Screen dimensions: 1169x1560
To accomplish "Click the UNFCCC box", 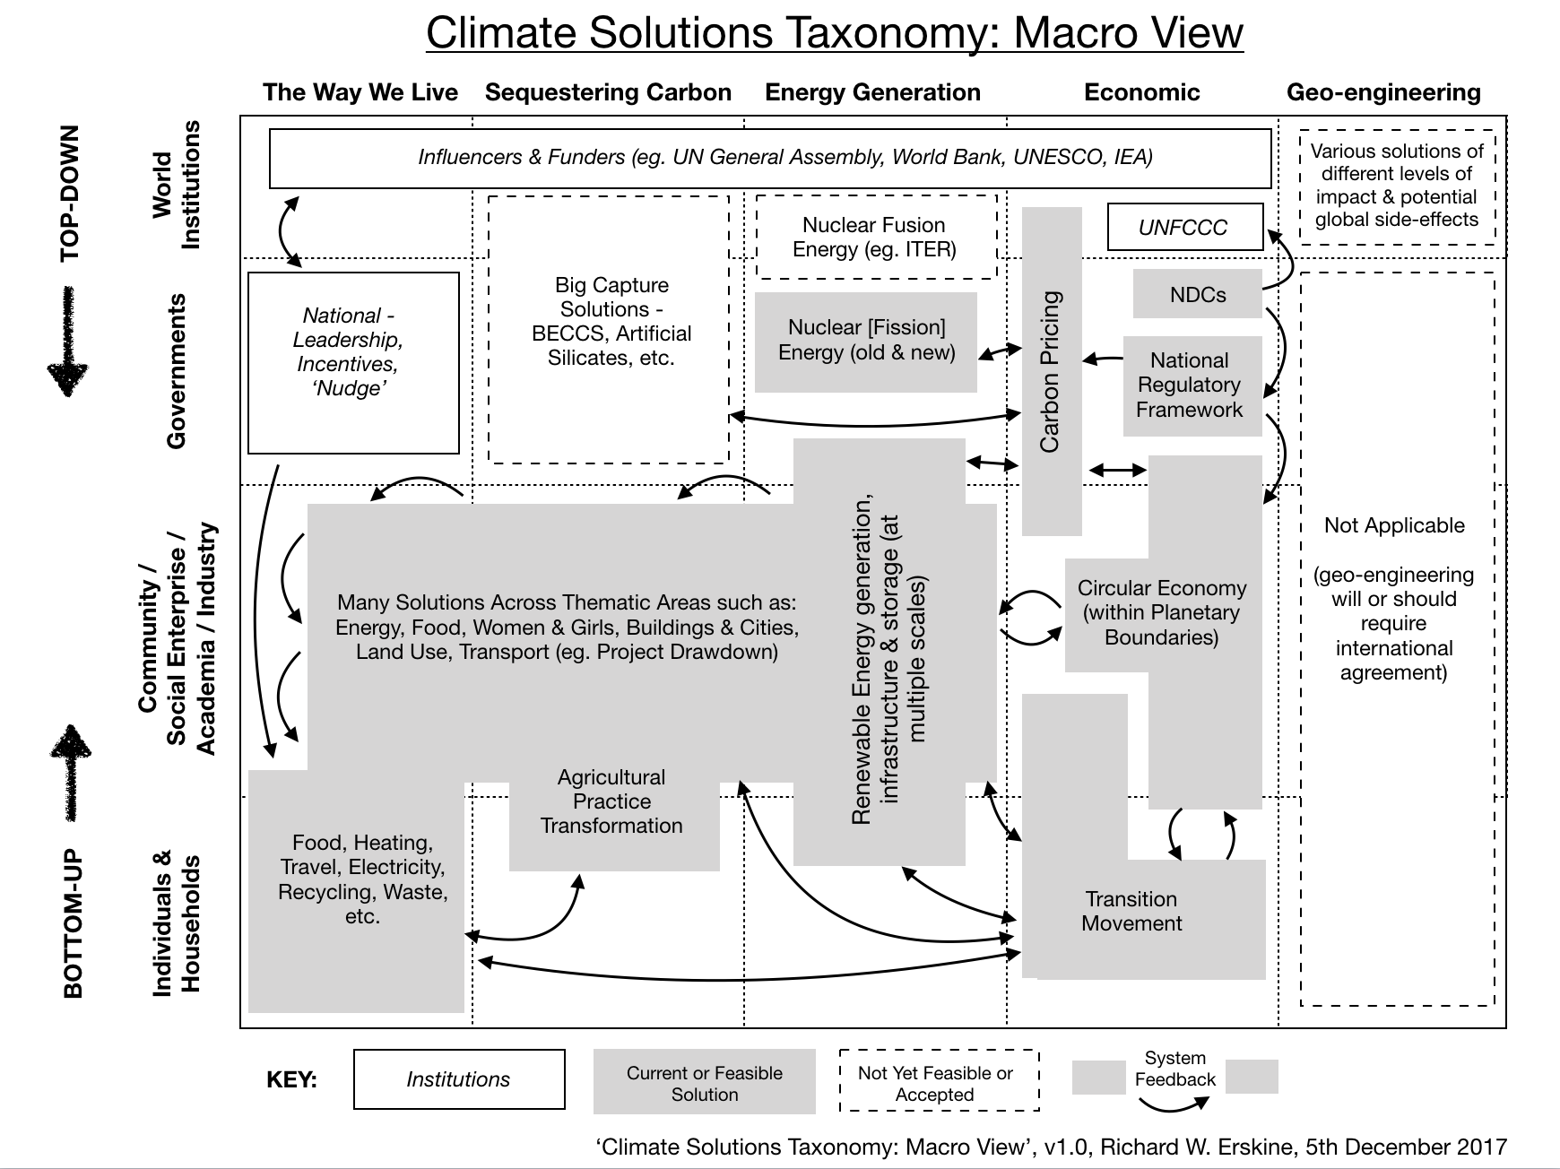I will tap(1184, 228).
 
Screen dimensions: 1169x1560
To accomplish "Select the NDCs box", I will tap(1197, 295).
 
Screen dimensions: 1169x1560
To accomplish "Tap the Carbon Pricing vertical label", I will tap(1051, 371).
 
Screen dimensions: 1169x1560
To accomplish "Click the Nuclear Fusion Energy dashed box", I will tap(875, 237).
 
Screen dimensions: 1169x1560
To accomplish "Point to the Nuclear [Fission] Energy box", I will tap(866, 341).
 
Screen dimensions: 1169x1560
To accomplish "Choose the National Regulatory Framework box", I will tap(1190, 385).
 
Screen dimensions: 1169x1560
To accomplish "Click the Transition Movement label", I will tap(1131, 912).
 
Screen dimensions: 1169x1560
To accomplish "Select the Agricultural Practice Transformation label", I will tap(611, 801).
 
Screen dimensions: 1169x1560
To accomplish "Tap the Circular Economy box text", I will tap(1162, 612).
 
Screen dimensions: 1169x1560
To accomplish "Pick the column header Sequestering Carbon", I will tap(608, 92).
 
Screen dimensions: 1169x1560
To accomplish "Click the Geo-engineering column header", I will tap(1383, 92).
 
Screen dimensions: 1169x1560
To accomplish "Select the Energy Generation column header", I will tap(872, 92).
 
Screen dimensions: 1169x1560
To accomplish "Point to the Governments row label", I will tap(177, 371).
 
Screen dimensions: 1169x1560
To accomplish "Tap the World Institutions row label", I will tap(177, 186).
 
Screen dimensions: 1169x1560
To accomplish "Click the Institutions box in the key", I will tap(459, 1079).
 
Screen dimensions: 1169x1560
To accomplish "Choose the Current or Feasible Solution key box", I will tap(704, 1083).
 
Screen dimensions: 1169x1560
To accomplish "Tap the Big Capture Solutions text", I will tap(611, 321).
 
